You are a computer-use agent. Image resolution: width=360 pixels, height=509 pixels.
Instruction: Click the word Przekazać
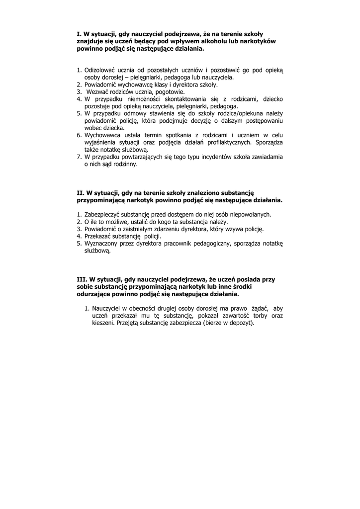tap(99, 236)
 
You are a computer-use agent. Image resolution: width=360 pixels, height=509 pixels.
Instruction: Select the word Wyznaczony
tap(102, 243)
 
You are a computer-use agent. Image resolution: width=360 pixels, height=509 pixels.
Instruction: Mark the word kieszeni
tap(103, 323)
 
